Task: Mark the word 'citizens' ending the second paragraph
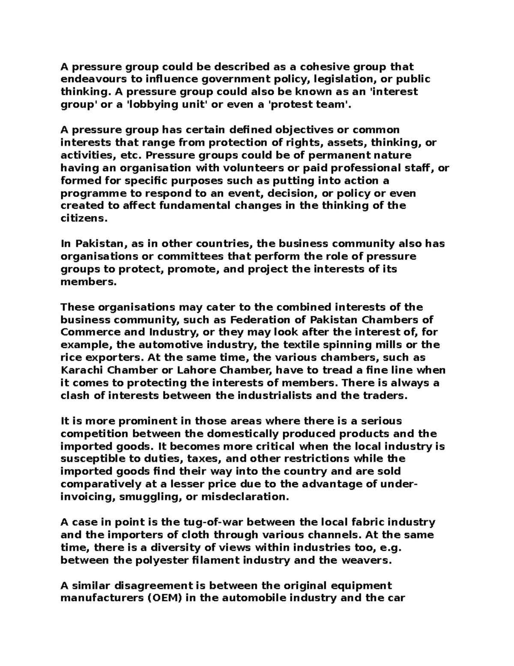click(x=82, y=218)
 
